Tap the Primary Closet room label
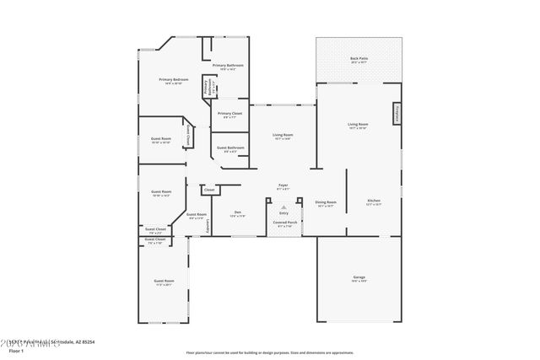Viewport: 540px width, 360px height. tap(229, 115)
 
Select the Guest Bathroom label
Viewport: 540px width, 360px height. tap(230, 149)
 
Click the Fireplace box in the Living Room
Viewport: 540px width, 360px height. tap(395, 114)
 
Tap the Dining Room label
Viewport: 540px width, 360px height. tap(326, 203)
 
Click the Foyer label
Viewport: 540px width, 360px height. tap(283, 187)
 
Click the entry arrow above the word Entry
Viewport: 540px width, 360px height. tap(283, 205)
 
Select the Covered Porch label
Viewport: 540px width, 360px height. tap(283, 225)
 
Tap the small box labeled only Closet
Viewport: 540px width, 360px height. tap(209, 191)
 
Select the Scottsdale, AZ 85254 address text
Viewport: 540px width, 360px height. tap(74, 341)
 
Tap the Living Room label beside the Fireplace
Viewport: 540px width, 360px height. tap(358, 126)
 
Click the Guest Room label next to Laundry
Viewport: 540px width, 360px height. tap(196, 216)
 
